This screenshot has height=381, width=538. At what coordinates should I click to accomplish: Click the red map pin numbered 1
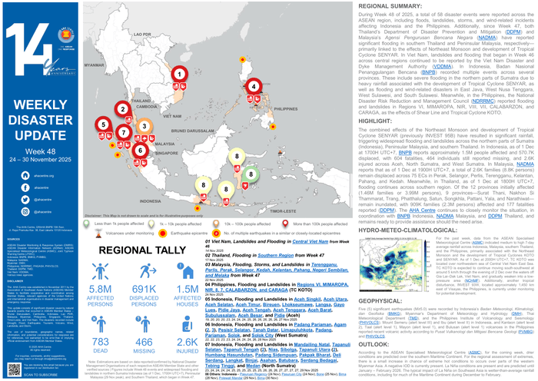tap(180, 75)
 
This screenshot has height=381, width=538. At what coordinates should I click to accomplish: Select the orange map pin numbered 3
tap(143, 126)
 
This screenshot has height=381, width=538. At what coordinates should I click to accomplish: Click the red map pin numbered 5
tap(103, 124)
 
